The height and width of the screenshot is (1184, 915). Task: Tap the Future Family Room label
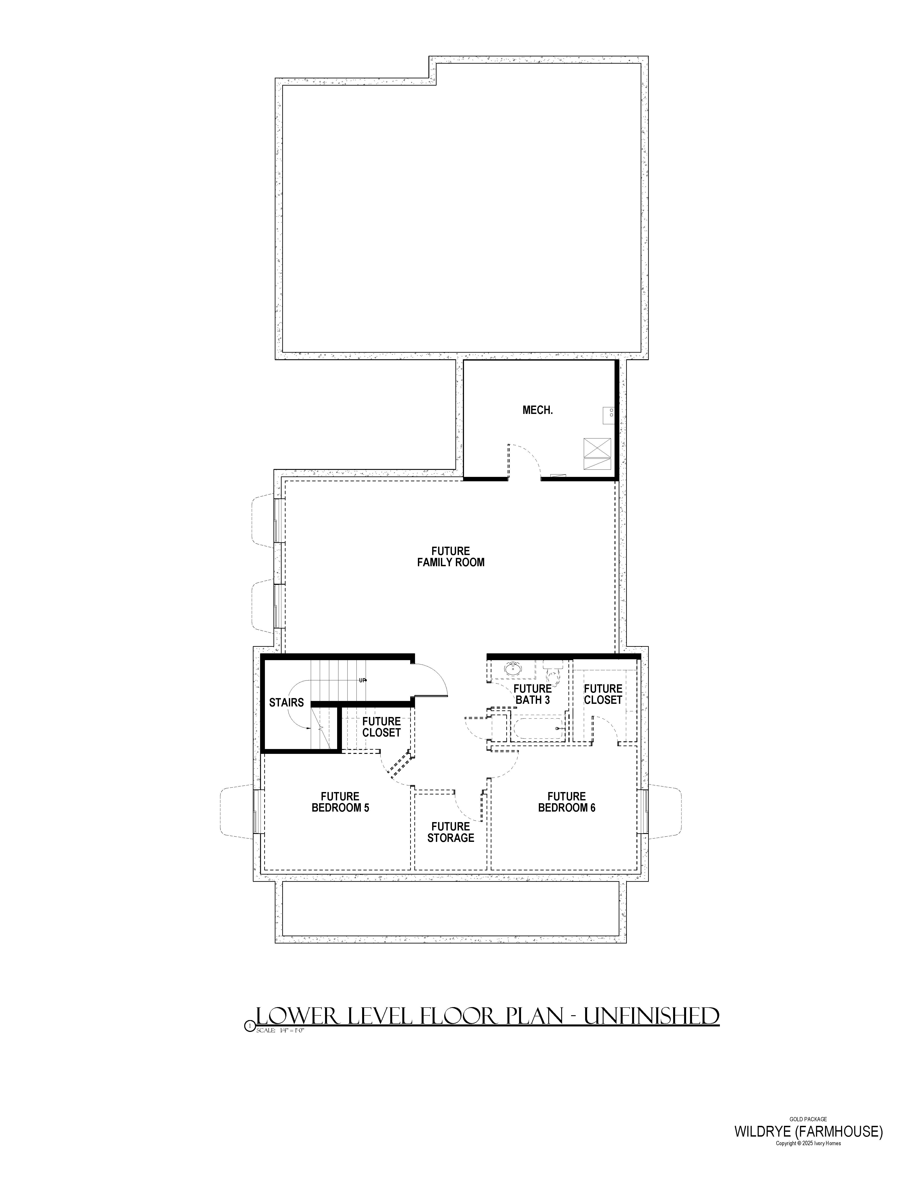click(450, 557)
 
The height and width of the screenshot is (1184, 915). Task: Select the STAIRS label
click(286, 702)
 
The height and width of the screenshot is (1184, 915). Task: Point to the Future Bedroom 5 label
click(340, 802)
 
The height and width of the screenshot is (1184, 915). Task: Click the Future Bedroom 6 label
click(566, 802)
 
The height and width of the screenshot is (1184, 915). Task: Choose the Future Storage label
click(450, 832)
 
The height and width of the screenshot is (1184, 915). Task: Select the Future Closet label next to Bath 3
click(603, 694)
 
